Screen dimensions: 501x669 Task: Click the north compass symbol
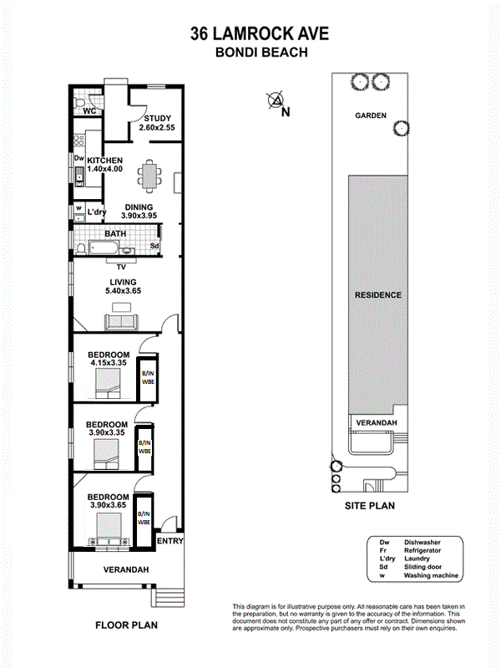276,100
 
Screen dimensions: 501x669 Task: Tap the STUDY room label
157,118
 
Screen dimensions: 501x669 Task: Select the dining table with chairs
149,176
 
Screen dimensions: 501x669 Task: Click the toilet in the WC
79,104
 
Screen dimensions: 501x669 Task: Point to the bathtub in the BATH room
103,248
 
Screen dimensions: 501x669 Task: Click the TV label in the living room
121,267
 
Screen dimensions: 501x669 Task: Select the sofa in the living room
121,322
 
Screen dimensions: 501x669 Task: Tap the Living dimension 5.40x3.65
123,291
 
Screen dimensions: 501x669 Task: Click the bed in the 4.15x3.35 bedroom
108,383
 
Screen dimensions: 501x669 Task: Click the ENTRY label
170,541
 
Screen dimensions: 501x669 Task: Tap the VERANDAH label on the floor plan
126,569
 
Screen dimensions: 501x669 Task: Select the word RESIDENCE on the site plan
378,295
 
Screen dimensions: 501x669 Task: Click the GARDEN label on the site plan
371,115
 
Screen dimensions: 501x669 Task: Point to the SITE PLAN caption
370,506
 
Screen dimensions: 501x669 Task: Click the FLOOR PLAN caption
127,625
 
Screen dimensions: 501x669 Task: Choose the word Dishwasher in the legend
423,542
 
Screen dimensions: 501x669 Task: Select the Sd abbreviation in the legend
383,567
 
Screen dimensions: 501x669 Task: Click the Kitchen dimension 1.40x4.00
105,169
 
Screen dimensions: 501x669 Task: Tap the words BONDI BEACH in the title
261,52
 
